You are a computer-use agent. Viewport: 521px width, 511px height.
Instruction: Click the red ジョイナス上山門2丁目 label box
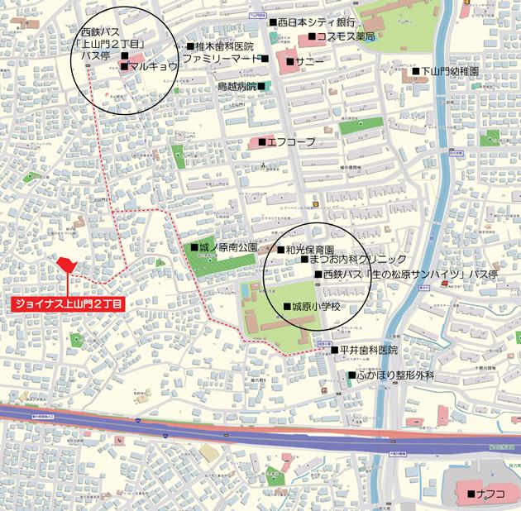click(68, 304)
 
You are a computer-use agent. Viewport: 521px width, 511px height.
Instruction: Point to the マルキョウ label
click(154, 65)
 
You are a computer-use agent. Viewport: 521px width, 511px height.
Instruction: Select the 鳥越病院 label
click(237, 86)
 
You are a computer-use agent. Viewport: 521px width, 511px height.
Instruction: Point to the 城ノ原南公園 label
click(228, 247)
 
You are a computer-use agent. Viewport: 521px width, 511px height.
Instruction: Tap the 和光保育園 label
click(309, 249)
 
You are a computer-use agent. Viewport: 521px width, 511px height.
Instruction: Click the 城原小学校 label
click(316, 307)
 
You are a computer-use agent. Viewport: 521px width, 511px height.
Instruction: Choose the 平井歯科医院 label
click(368, 351)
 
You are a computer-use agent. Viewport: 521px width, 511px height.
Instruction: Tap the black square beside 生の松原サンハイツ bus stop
click(318, 273)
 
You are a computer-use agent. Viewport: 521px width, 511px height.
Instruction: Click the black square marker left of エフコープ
click(262, 142)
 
